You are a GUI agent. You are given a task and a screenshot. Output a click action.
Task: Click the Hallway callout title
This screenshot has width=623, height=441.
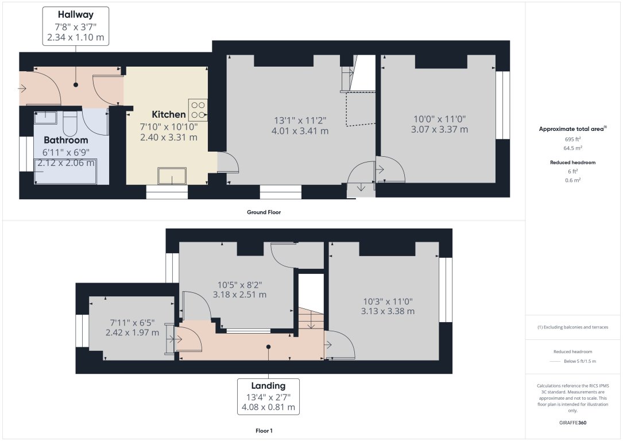76,14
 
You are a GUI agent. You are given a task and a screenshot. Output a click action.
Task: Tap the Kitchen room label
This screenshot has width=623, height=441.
169,114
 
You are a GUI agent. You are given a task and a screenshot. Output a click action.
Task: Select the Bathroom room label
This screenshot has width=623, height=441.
66,140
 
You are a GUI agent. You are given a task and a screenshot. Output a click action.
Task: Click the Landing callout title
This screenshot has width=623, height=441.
268,385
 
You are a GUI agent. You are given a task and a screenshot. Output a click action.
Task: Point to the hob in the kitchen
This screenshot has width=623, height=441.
198,109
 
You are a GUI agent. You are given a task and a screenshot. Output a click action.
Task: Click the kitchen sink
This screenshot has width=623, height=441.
172,176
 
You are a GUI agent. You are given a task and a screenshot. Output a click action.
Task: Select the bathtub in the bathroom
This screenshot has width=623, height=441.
65,172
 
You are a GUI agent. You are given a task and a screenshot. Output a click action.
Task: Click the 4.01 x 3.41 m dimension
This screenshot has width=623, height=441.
301,131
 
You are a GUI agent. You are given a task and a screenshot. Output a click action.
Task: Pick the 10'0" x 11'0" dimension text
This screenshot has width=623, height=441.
439,119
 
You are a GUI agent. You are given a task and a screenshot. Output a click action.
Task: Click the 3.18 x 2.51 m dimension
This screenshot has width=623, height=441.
239,295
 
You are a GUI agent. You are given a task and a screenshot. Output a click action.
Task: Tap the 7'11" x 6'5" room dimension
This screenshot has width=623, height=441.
134,322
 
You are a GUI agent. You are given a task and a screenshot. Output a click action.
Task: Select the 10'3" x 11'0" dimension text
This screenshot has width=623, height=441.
388,301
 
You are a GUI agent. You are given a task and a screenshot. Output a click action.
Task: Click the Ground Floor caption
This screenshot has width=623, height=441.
264,212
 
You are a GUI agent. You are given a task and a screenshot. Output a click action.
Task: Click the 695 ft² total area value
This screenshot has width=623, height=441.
572,140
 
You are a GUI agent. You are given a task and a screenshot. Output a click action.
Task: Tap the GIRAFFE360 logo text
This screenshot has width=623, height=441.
572,423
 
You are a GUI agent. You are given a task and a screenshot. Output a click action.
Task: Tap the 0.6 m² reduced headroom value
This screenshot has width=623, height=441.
572,180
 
